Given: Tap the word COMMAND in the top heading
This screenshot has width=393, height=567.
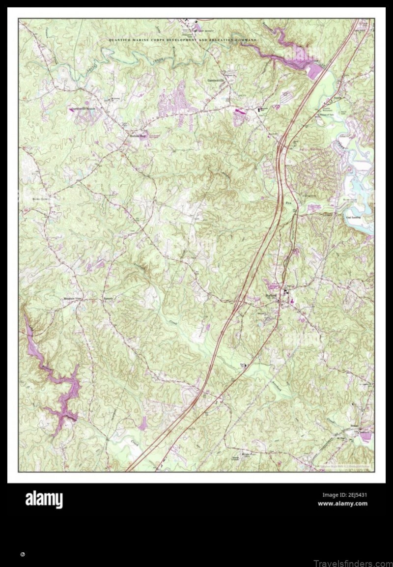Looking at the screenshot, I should [246, 39].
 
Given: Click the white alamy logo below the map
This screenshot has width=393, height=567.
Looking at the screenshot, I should [44, 500].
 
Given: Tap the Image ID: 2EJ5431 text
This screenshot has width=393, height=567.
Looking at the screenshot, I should [344, 495].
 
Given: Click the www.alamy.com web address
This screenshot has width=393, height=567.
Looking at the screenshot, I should [342, 504].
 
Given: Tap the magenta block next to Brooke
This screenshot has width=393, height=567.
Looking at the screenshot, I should [366, 435].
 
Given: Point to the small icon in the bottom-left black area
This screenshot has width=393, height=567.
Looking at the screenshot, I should [23, 554].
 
